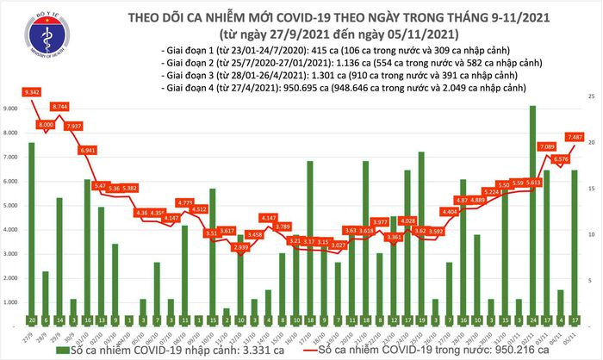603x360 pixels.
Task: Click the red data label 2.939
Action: click(241, 247)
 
